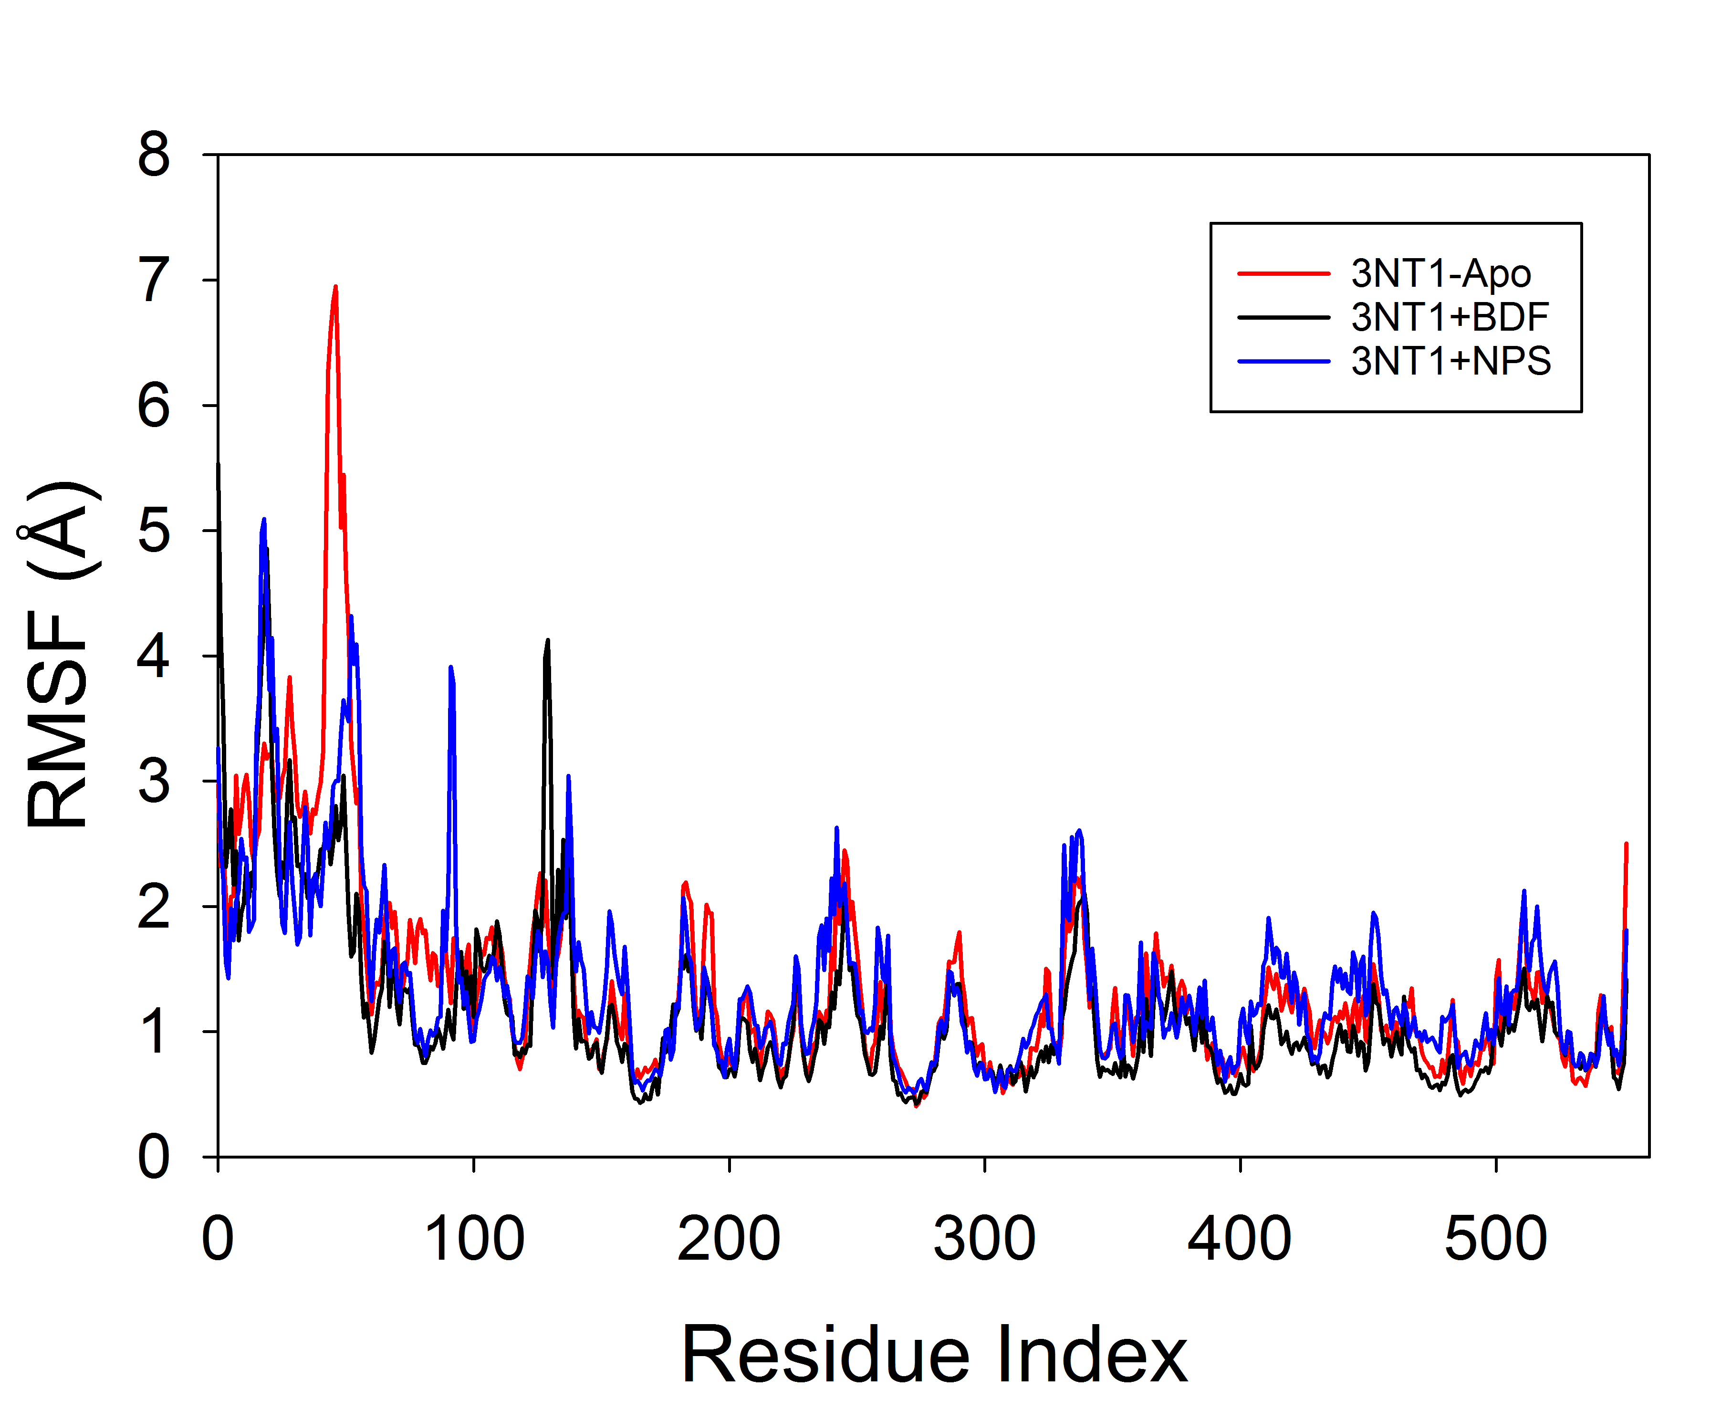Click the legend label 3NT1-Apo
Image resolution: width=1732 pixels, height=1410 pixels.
(x=1440, y=274)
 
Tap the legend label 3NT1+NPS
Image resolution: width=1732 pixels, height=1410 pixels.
(x=1450, y=361)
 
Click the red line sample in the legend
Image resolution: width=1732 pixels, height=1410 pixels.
(x=1283, y=274)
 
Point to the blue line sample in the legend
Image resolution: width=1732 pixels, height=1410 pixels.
(x=1283, y=361)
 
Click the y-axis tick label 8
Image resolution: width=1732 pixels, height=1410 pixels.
(x=154, y=154)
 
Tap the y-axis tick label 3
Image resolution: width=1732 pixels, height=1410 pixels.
(x=154, y=782)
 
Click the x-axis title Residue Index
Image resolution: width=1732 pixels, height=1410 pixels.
(x=934, y=1355)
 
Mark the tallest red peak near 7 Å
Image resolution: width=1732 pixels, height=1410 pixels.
(x=334, y=288)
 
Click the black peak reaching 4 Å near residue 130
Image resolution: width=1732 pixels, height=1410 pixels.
(x=547, y=642)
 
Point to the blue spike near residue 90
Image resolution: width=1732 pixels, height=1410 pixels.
(x=451, y=668)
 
